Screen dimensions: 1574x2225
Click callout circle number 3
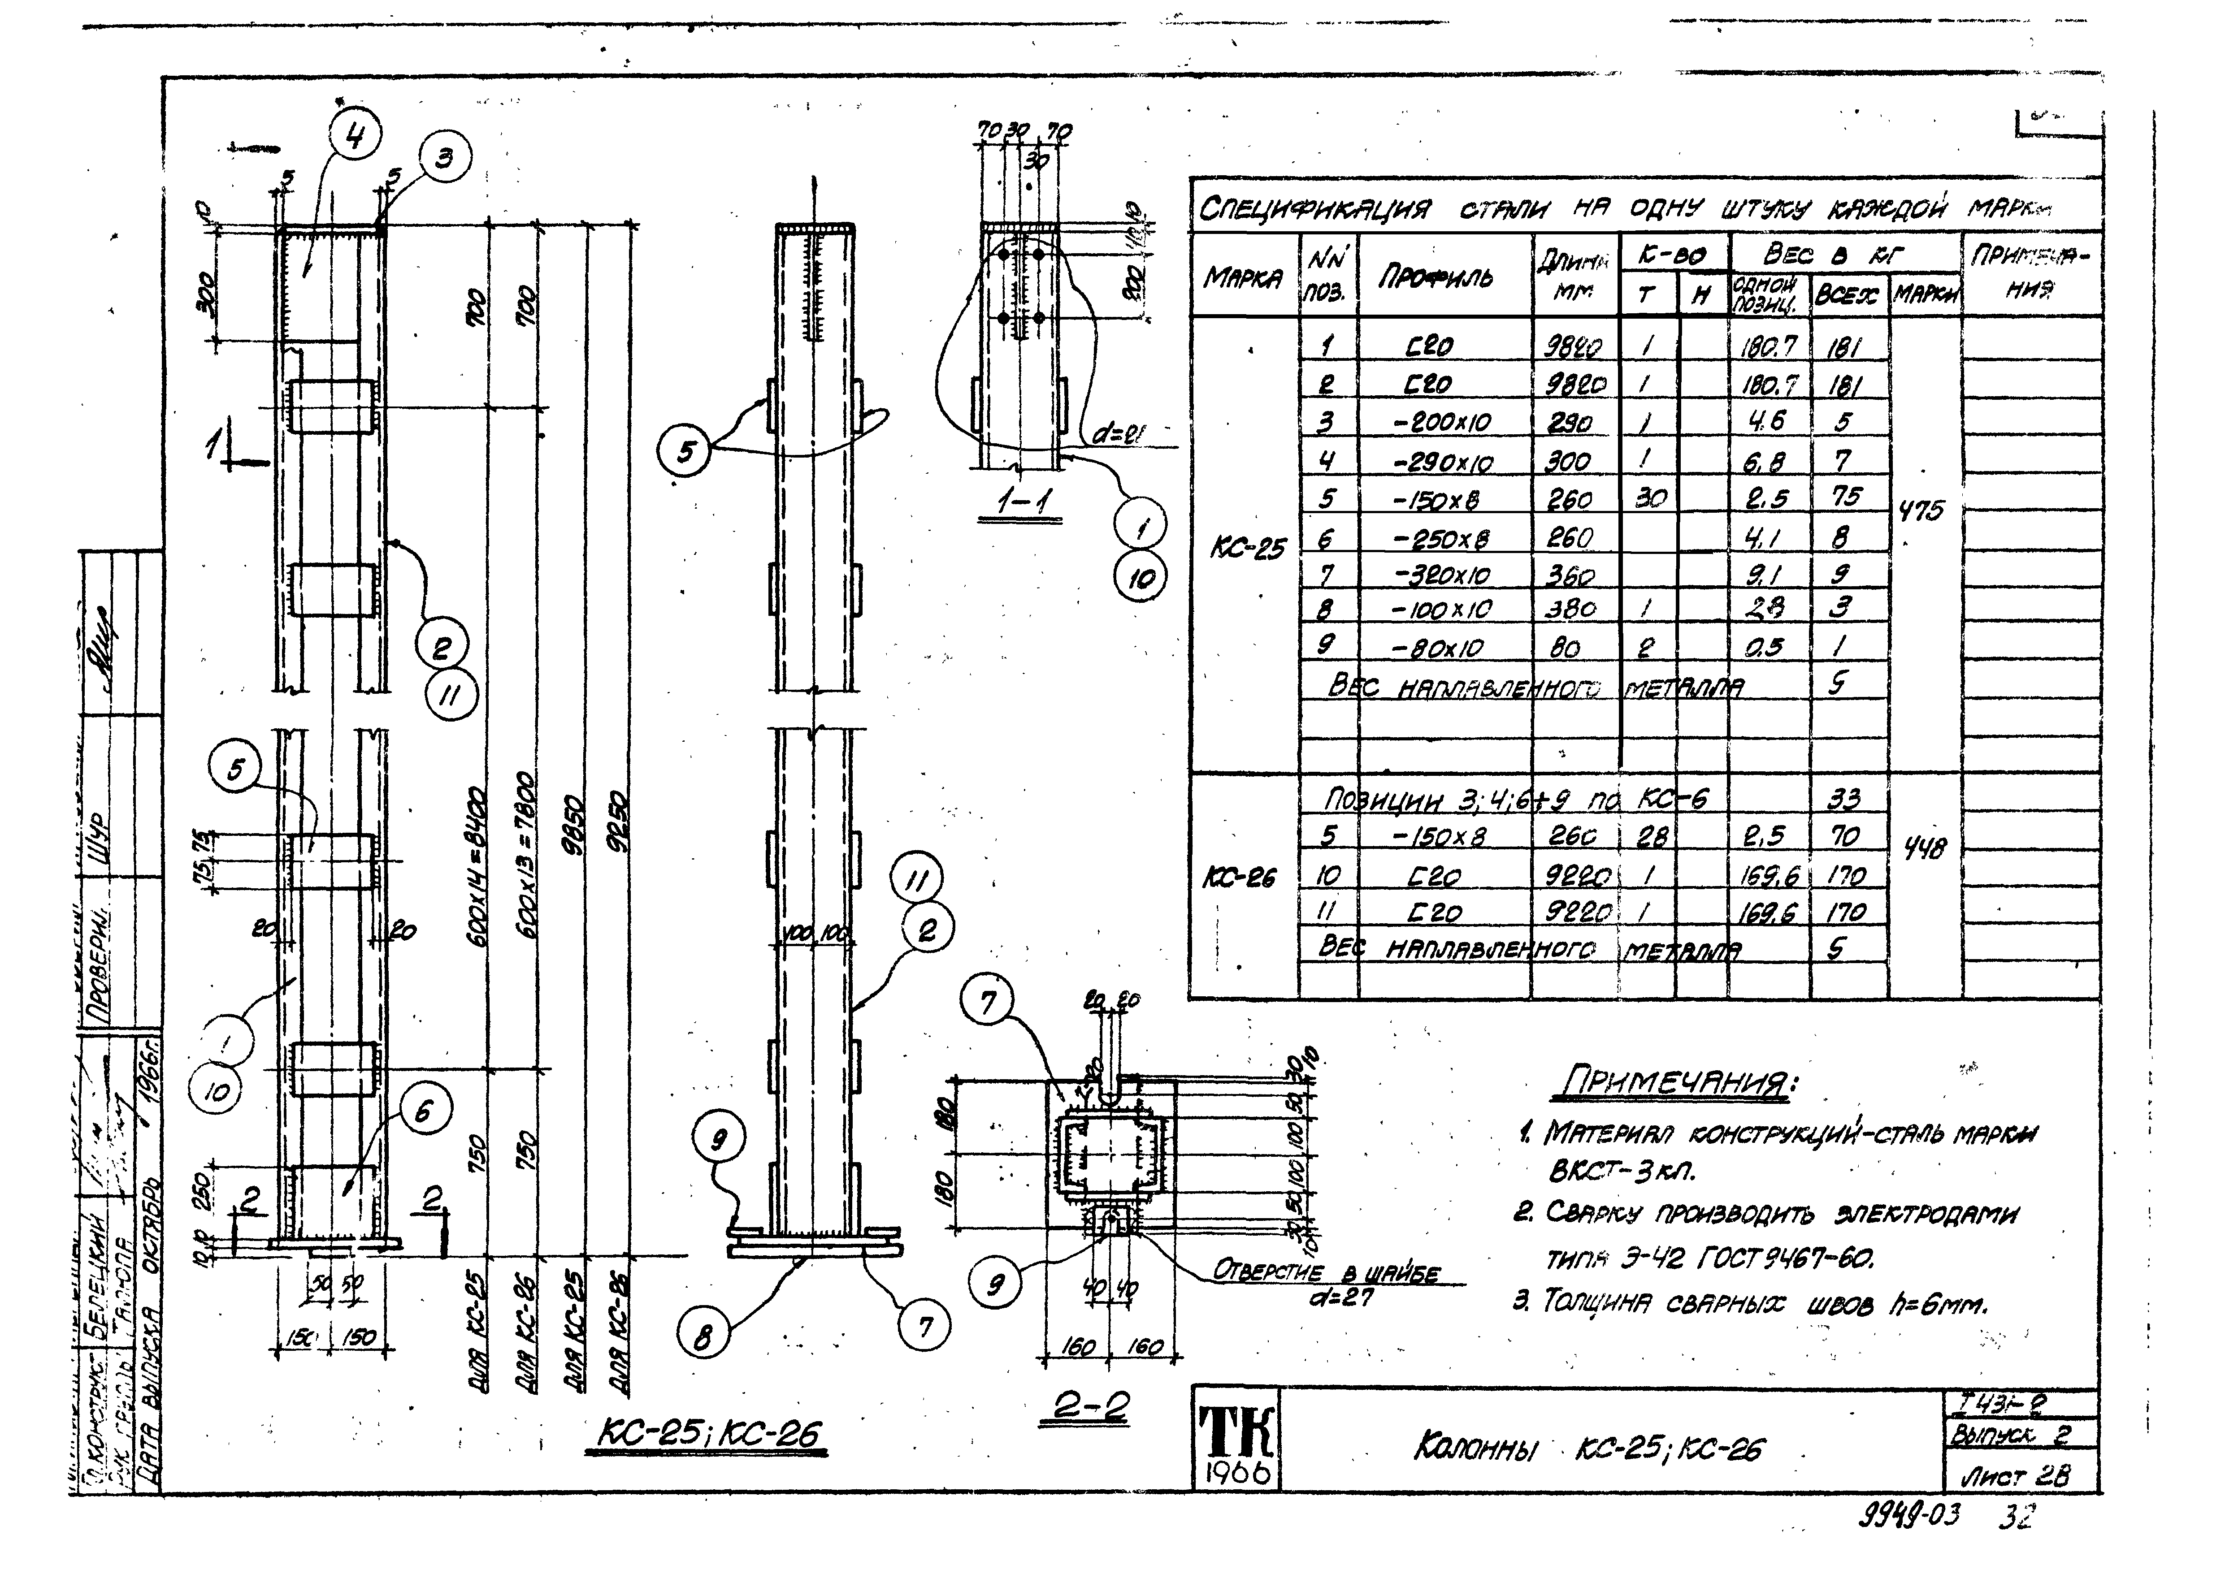(x=445, y=157)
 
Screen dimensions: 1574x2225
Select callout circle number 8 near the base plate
(x=703, y=1338)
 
